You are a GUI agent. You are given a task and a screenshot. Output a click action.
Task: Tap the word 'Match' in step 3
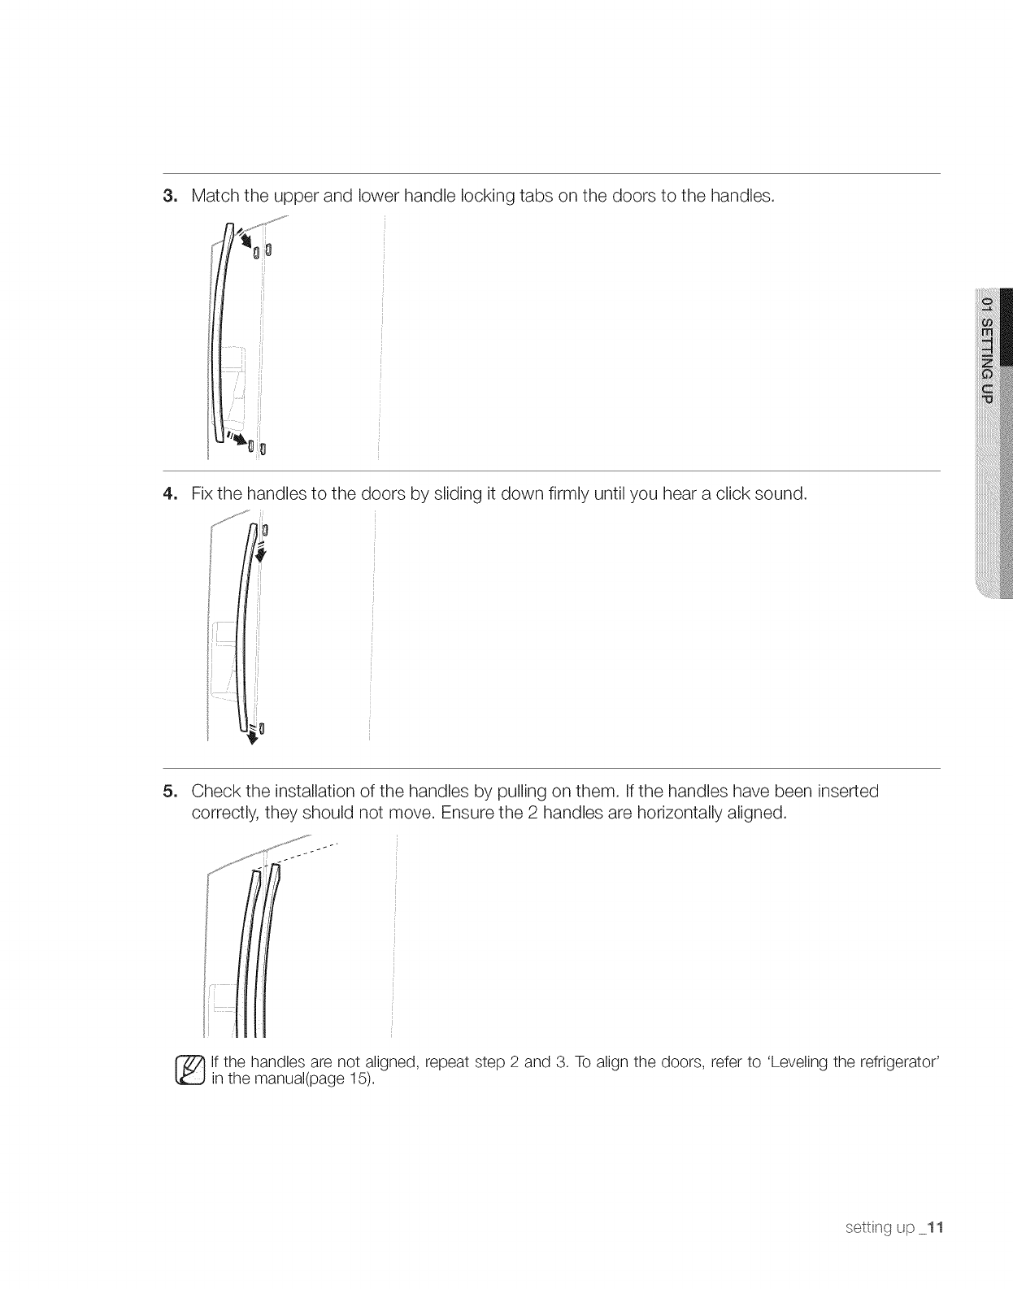[x=215, y=196]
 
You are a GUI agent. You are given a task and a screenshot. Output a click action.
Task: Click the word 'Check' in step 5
[x=215, y=792]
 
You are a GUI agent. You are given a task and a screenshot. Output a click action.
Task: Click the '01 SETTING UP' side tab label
[x=988, y=350]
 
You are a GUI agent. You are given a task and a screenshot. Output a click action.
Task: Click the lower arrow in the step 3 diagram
[x=240, y=441]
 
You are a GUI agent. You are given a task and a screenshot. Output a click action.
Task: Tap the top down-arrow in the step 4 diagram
[x=261, y=553]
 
